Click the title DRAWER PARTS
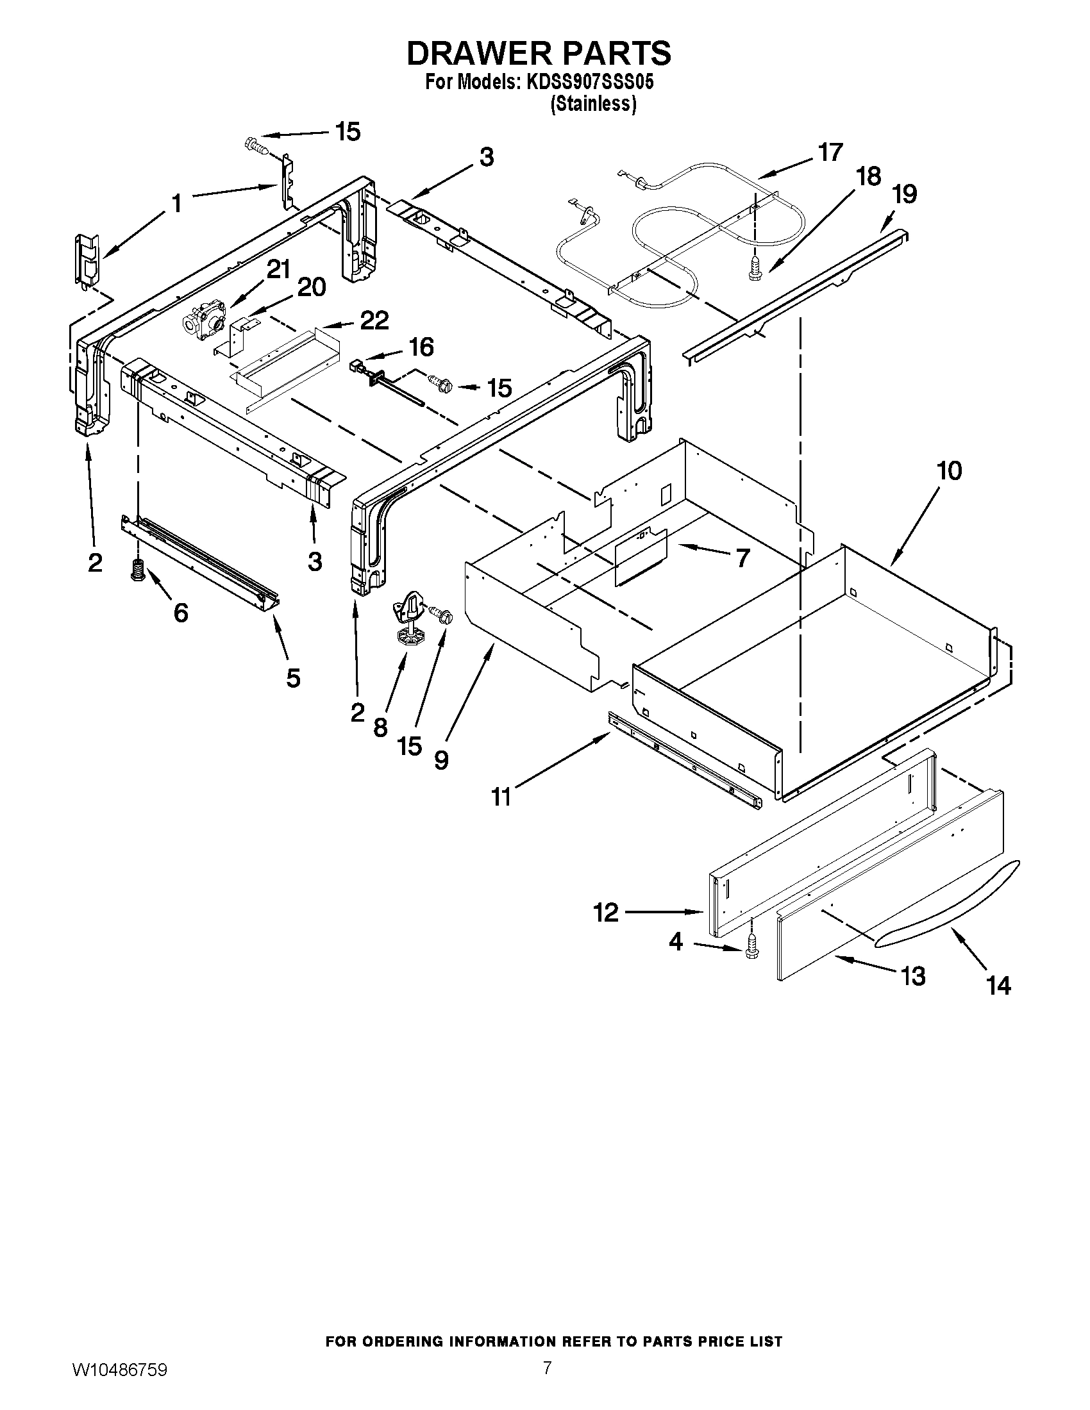pyautogui.click(x=539, y=53)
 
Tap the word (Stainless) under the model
pyautogui.click(x=593, y=104)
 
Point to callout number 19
pyautogui.click(x=904, y=194)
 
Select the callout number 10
pyautogui.click(x=948, y=470)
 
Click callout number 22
pyautogui.click(x=374, y=320)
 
